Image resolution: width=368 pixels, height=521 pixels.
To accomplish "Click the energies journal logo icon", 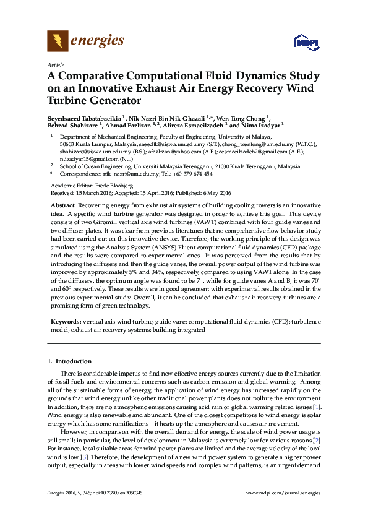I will [58, 41].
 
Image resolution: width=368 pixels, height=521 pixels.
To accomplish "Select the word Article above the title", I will [55, 65].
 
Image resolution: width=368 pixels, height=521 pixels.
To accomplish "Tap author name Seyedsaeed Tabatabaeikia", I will [84, 118].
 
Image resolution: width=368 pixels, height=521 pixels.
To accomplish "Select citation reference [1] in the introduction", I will [317, 408].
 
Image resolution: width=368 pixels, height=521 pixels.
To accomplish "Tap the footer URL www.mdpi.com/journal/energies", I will [283, 492].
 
